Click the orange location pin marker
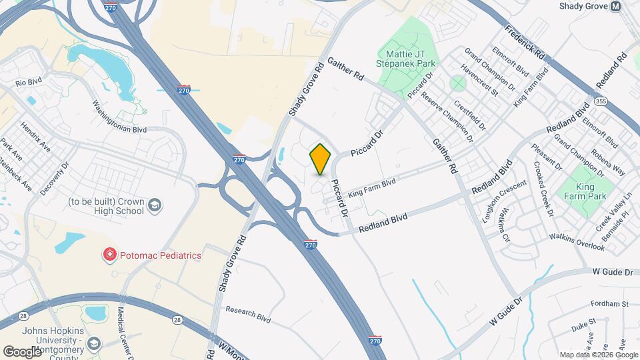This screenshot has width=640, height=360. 320,159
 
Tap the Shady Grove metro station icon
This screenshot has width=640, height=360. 615,6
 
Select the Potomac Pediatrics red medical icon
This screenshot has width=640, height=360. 108,255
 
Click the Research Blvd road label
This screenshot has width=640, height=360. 248,314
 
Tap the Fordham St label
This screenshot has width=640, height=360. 613,303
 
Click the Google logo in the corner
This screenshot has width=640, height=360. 22,351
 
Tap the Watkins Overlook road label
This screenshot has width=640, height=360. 577,242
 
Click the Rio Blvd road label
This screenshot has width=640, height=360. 28,83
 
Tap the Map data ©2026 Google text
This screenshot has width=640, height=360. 599,355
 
